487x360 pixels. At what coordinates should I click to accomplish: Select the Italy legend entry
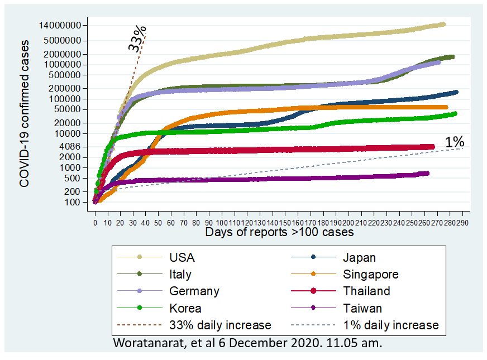(180, 275)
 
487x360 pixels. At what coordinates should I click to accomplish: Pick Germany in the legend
(194, 291)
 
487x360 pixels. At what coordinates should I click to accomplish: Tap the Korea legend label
(185, 308)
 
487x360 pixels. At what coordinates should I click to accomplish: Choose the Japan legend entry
(359, 258)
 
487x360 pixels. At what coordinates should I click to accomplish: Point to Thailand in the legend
(366, 291)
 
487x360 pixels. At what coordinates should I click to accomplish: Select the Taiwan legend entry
(362, 308)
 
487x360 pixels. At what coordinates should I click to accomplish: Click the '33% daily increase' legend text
(220, 325)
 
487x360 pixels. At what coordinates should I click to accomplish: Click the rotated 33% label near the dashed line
(137, 39)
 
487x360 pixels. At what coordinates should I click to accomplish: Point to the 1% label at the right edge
(455, 142)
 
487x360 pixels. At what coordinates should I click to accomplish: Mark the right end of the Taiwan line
(427, 174)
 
